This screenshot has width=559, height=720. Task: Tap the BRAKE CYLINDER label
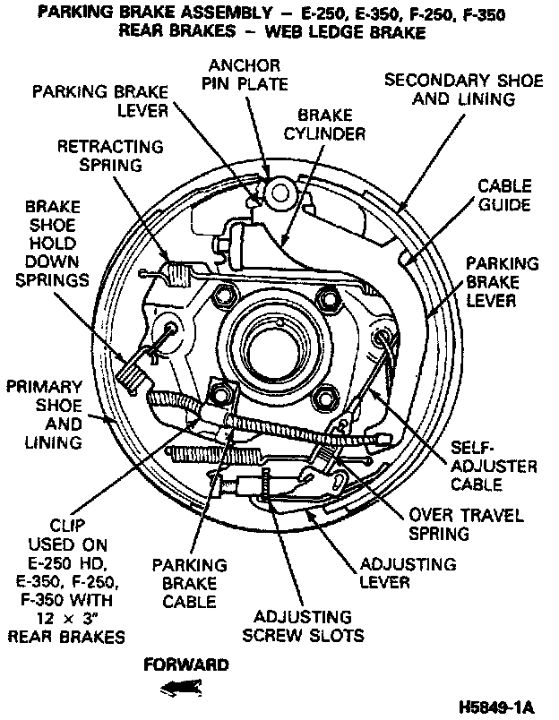[331, 124]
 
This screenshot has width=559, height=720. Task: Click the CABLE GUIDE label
[503, 195]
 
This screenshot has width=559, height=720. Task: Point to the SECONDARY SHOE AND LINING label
[463, 90]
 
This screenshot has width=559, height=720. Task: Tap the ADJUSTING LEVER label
[407, 573]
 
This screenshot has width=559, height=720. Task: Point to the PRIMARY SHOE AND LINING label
[45, 414]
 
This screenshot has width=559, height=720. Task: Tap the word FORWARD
[185, 664]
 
